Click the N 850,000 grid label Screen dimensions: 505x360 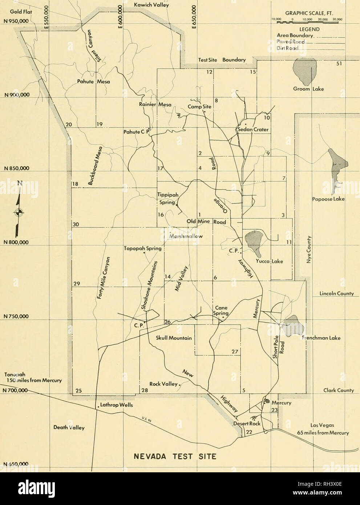pyautogui.click(x=13, y=168)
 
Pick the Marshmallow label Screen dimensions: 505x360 pyautogui.click(x=186, y=236)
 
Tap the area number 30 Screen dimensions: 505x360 pyautogui.click(x=76, y=225)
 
